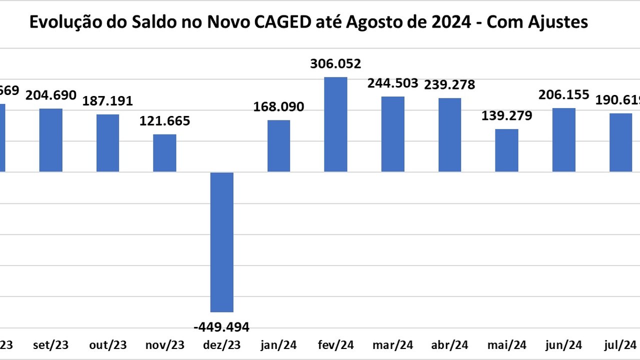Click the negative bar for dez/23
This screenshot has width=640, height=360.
222,242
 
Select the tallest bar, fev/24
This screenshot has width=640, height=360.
335,124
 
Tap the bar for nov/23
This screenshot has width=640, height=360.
164,153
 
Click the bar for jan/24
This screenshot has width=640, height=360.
278,146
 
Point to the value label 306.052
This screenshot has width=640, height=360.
335,64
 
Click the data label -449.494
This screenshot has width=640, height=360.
221,327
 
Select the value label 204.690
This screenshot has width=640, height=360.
51,95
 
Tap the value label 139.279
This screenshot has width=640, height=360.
507,116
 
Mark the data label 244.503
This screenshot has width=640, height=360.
392,83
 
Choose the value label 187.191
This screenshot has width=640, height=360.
107,101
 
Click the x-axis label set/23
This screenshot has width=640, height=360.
50,345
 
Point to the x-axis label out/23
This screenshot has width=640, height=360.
107,345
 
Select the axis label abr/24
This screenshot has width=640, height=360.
449,345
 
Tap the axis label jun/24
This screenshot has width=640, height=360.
563,345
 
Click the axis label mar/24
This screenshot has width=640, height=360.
392,345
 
